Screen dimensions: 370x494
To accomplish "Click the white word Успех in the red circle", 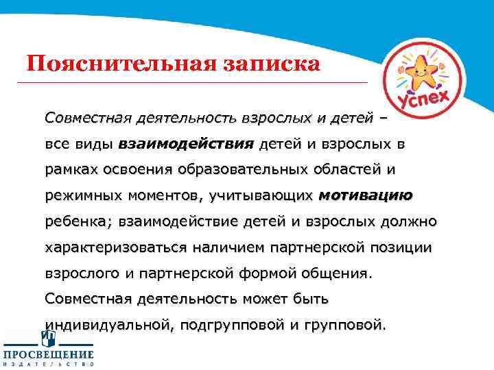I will coord(430,102).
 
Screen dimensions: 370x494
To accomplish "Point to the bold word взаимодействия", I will coord(187,144).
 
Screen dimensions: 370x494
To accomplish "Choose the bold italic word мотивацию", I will coord(366,196).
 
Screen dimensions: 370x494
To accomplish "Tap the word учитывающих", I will coord(257,196).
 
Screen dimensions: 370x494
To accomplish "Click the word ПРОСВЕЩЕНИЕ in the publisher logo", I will coord(48,354).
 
